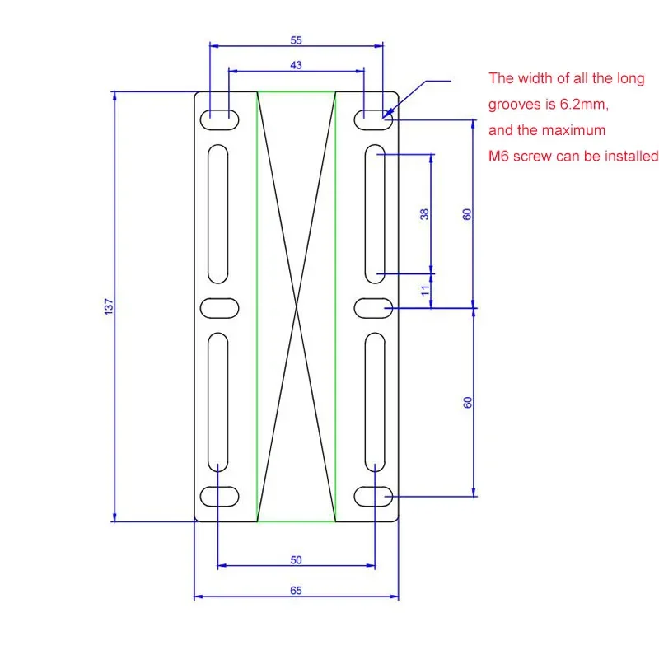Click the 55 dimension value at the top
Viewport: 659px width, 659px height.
(x=296, y=40)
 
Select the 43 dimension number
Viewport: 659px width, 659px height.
(x=296, y=65)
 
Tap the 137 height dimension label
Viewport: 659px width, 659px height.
(x=109, y=306)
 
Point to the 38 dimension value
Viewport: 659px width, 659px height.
(x=424, y=214)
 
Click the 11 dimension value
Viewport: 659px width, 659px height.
(x=425, y=290)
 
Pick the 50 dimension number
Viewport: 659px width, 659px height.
(x=296, y=560)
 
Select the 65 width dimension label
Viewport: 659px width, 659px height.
(x=296, y=590)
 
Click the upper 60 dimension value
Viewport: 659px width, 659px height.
(x=467, y=214)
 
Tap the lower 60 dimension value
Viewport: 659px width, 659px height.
(x=467, y=402)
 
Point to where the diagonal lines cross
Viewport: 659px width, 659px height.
(x=297, y=306)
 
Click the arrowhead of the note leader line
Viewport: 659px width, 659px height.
(x=387, y=113)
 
